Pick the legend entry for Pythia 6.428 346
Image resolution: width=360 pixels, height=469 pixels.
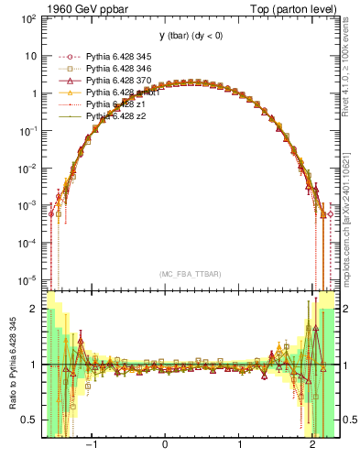[117, 68]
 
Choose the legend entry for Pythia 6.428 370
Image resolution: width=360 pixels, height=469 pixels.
[117, 81]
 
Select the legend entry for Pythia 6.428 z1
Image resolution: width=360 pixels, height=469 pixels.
[115, 105]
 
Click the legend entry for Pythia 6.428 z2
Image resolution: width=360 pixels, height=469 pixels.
[115, 117]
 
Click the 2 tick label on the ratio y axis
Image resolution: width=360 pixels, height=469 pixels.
[33, 309]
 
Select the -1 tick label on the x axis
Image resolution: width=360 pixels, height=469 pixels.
[91, 446]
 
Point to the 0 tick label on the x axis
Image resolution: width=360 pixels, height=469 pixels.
[166, 446]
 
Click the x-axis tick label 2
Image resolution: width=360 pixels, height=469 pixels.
[313, 446]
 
